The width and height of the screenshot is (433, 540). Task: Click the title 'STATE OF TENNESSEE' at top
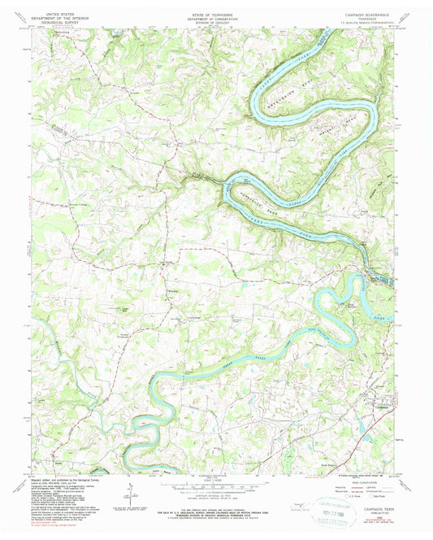[216, 7]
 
